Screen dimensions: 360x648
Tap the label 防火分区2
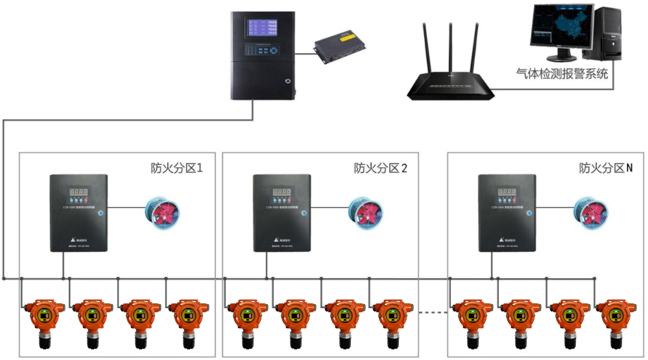[381, 168]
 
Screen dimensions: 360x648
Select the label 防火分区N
[605, 168]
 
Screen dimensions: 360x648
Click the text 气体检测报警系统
[562, 74]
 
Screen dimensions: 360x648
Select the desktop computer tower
[606, 32]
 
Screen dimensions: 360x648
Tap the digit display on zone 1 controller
[79, 193]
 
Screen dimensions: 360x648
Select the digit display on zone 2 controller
[282, 193]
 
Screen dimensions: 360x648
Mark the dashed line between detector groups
[431, 313]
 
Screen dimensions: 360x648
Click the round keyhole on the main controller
[285, 81]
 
